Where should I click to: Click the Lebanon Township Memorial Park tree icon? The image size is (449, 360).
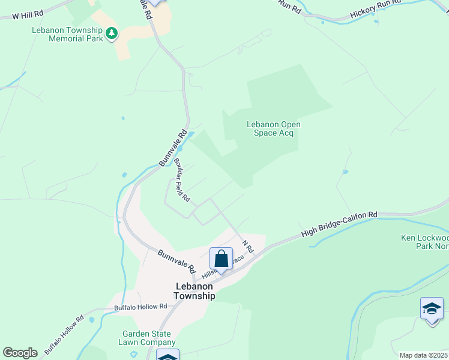pyautogui.click(x=110, y=35)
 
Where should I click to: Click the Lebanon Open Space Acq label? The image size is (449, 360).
pyautogui.click(x=274, y=128)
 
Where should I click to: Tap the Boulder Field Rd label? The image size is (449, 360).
pyautogui.click(x=182, y=179)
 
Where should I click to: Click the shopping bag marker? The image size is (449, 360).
pyautogui.click(x=221, y=259)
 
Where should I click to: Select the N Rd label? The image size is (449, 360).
pyautogui.click(x=248, y=247)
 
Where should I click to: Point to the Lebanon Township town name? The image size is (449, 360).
pyautogui.click(x=194, y=291)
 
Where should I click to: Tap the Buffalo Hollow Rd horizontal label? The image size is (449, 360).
pyautogui.click(x=140, y=307)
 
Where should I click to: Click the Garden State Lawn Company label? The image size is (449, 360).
pyautogui.click(x=146, y=338)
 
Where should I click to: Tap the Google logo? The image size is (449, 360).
pyautogui.click(x=20, y=353)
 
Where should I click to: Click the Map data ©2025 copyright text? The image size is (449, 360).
pyautogui.click(x=423, y=355)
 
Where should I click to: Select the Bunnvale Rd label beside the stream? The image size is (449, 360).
pyautogui.click(x=173, y=148)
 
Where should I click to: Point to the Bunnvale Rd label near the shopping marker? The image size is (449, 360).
pyautogui.click(x=177, y=259)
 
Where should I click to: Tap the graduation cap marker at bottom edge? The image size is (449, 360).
pyautogui.click(x=167, y=356)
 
